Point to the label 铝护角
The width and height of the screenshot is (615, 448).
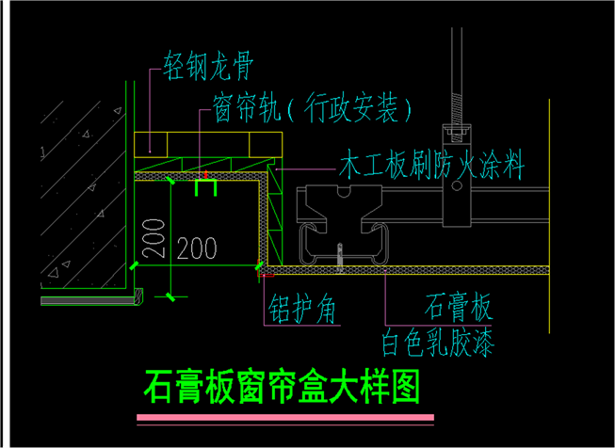[302, 307]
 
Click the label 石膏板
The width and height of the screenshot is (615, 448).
[460, 306]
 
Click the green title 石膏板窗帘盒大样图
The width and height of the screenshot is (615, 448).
[282, 386]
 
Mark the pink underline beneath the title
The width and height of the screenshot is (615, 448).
[285, 416]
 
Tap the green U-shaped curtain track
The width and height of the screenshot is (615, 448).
[205, 188]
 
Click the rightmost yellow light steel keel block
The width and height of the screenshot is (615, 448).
[265, 143]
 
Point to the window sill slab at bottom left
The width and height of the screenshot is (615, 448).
[90, 297]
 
